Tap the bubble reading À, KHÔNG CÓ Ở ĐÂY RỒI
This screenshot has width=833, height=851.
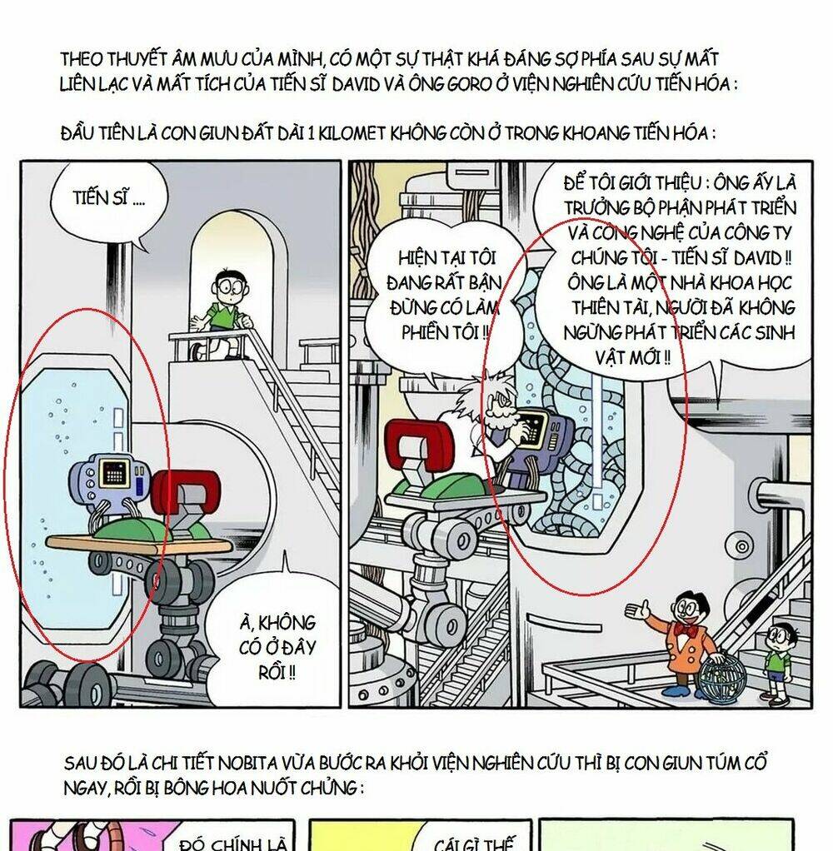click(x=275, y=645)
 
